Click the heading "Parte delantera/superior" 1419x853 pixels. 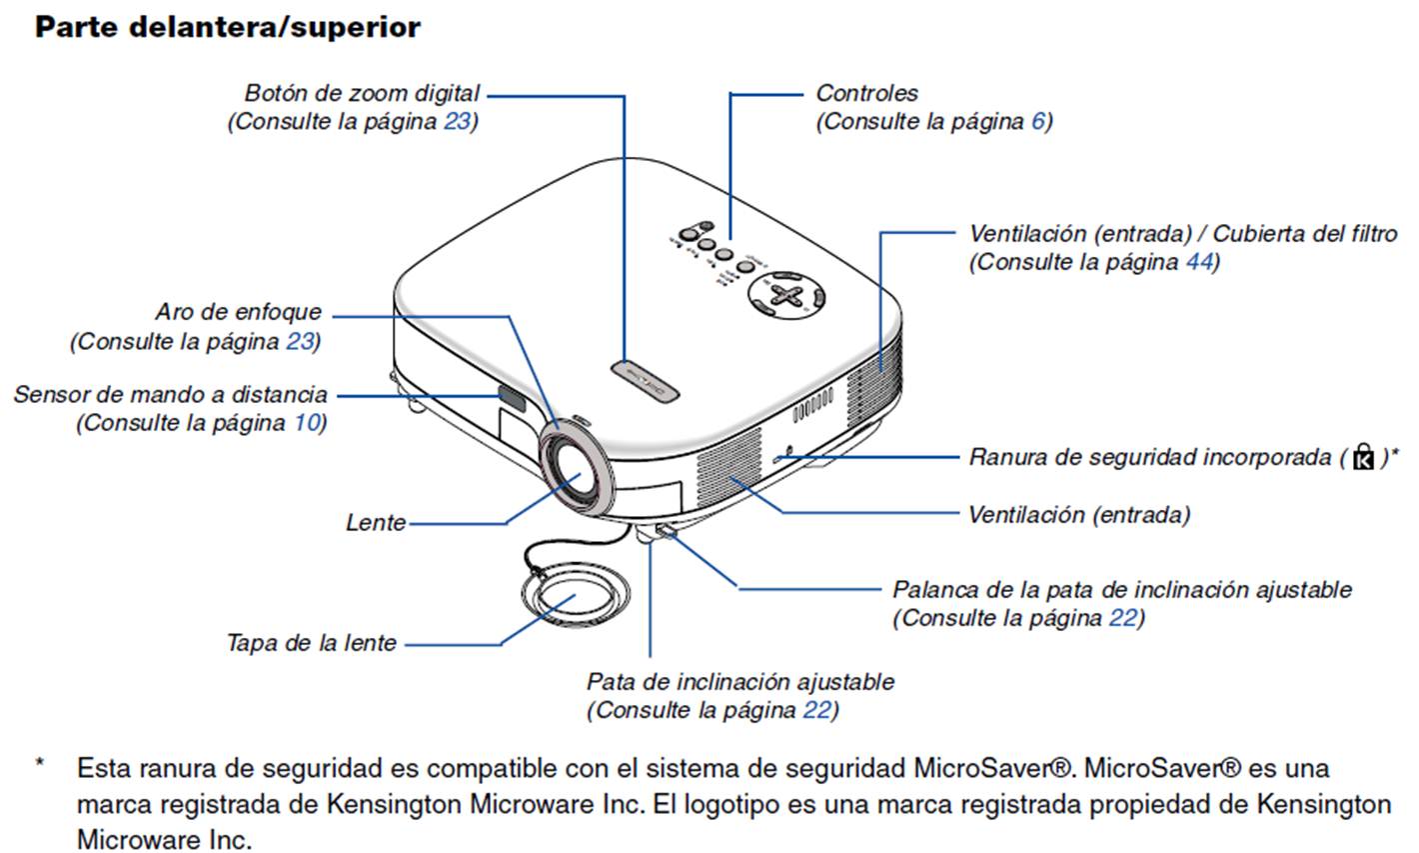tap(228, 27)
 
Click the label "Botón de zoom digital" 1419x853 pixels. tap(362, 93)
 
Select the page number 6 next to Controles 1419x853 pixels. tap(1037, 122)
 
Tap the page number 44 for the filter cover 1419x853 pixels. tap(1198, 262)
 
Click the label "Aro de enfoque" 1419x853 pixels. tap(238, 312)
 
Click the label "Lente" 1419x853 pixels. tap(376, 522)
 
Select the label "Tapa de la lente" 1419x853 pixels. tap(312, 643)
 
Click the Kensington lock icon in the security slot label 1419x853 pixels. tap(1362, 458)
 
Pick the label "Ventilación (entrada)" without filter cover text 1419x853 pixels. tap(1079, 515)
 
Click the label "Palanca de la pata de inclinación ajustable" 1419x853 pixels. tap(1121, 589)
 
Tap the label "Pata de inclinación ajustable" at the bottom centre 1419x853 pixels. tap(739, 682)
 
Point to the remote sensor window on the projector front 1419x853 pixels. tap(512, 398)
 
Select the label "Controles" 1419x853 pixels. tap(866, 93)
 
